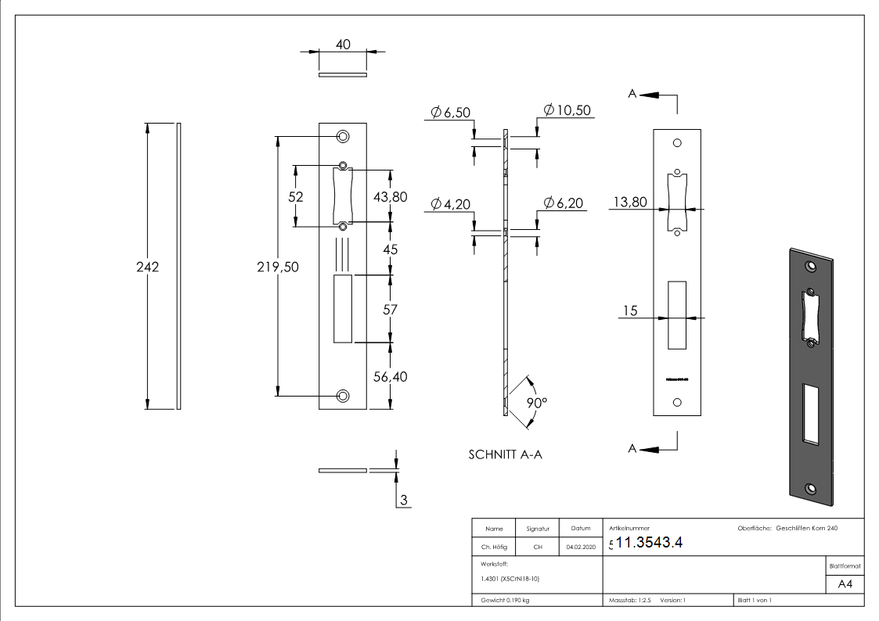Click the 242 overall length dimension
tap(147, 267)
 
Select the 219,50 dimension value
tap(277, 267)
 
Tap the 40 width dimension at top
tap(343, 45)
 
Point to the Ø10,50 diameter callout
tap(567, 110)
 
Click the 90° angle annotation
tap(537, 403)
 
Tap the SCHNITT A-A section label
tap(505, 454)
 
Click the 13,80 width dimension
tap(630, 203)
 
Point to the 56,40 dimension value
tap(390, 376)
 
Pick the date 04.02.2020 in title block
tap(581, 547)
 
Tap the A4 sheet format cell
tap(845, 584)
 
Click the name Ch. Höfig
tap(493, 547)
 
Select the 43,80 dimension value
tap(390, 197)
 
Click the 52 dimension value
tap(295, 197)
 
